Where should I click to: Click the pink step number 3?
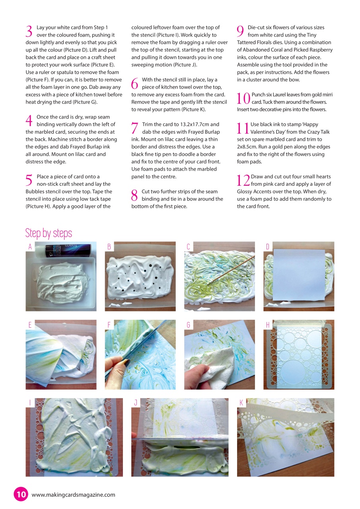tap(29, 31)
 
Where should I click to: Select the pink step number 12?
tap(243, 180)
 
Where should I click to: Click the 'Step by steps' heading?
tap(49, 233)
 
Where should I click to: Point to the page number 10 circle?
tap(21, 494)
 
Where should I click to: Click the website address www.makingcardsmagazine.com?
tap(73, 495)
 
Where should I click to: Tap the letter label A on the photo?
tap(30, 247)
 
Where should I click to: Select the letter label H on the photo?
tap(268, 325)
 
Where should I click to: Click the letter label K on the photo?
tap(241, 403)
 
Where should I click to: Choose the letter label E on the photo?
tap(30, 325)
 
